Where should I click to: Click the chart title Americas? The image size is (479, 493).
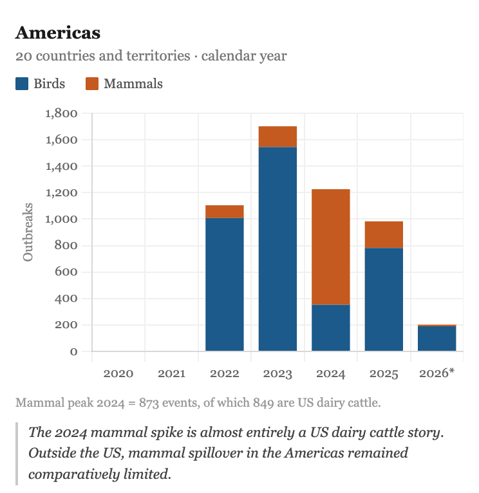pos(58,32)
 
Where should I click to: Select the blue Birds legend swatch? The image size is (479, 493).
pos(22,84)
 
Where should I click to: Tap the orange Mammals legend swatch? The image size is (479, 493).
pos(92,84)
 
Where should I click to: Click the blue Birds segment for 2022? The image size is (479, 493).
pos(225,284)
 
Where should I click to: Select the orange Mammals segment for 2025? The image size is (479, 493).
pos(384,235)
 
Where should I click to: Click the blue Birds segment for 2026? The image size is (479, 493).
pos(437,339)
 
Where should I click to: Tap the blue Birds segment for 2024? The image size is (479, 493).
pos(331,328)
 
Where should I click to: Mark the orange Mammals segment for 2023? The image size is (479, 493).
pos(277,136)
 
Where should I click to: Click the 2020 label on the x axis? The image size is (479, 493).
pos(118,373)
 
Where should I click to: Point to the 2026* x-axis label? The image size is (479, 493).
pos(437,373)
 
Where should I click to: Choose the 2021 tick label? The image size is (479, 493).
pos(171,373)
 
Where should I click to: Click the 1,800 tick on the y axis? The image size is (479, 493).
pos(62,114)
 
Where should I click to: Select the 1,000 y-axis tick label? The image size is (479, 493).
pos(62,219)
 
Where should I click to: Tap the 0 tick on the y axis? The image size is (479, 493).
pos(73,351)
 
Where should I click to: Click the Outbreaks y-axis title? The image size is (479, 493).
pos(28,232)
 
